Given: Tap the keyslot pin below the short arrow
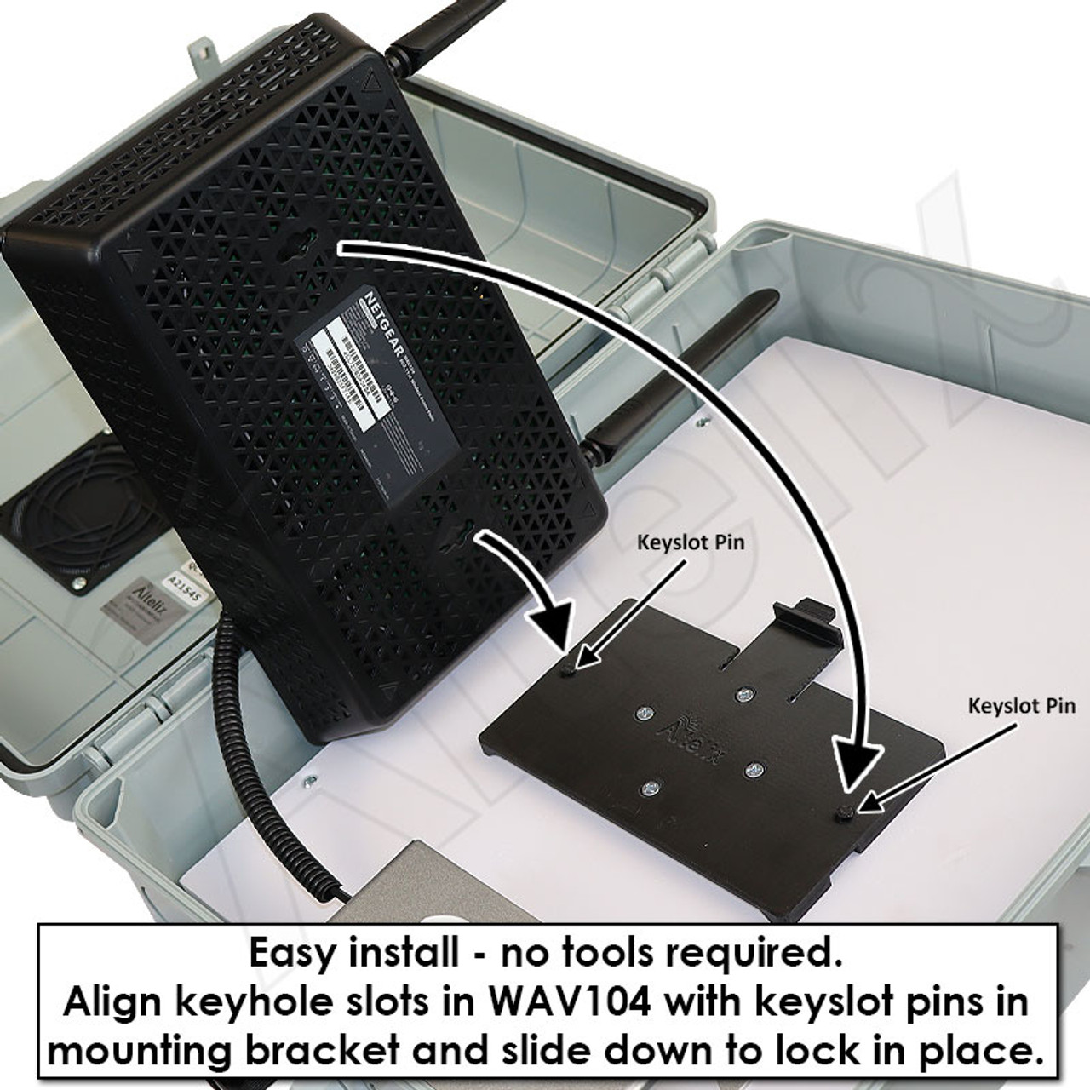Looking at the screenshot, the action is pos(568,672).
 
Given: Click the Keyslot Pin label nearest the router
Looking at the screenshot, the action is pos(691,542).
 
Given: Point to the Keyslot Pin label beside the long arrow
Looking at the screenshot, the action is pos(1022,706).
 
